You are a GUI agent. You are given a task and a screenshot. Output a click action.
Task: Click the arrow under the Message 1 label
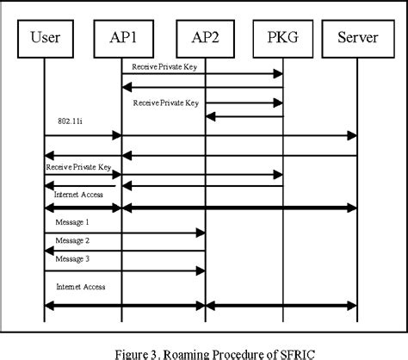(x=124, y=232)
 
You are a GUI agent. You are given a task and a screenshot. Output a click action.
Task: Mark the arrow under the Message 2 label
(x=124, y=250)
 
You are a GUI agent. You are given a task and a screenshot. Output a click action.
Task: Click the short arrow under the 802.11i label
(x=83, y=135)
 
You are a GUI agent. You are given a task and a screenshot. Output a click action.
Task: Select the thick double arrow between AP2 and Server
(x=281, y=305)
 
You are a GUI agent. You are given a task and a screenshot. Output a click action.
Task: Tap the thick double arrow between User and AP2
(x=124, y=305)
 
